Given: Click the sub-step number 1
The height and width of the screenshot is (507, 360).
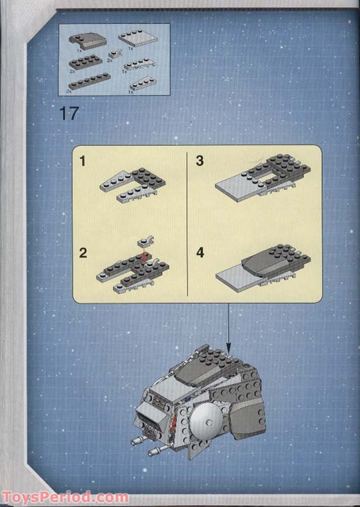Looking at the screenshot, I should pos(82,161).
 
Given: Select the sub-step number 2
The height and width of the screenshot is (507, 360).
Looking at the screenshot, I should pos(83,253).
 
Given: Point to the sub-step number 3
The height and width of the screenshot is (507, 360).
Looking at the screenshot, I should pos(200,161).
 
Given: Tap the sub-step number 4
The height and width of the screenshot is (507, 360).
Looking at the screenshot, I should pos(200,253).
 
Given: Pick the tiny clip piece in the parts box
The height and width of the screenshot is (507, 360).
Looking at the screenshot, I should pos(116,55).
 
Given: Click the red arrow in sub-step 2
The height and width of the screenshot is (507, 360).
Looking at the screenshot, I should pos(145,257).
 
